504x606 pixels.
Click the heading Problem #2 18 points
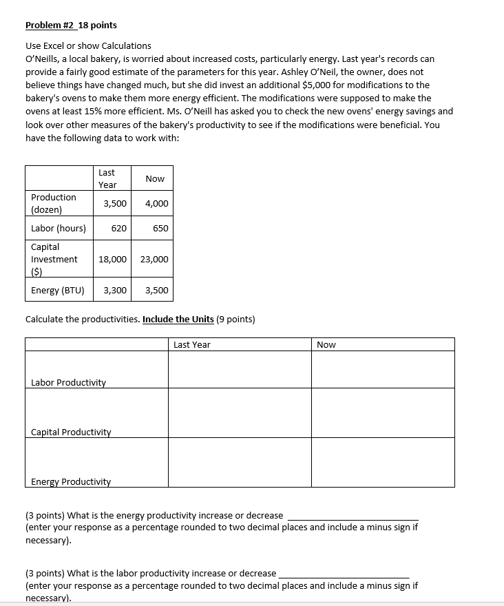71,25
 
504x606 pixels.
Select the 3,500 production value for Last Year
115,203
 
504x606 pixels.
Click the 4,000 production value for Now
157,203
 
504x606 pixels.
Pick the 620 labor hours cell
118,228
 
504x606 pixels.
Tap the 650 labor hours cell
160,228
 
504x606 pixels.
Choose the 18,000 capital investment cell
113,259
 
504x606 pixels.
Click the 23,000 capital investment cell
154,259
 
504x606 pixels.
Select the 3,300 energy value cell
115,290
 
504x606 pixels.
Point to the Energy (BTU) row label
58,290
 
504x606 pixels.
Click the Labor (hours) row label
59,228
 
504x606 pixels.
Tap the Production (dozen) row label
54,203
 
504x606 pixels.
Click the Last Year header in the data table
107,178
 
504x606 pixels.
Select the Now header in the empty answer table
326,344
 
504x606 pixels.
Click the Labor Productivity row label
69,382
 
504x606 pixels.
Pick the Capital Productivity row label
71,432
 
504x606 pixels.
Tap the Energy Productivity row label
71,481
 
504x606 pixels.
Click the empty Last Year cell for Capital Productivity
240,412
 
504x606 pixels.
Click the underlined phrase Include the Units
178,320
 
